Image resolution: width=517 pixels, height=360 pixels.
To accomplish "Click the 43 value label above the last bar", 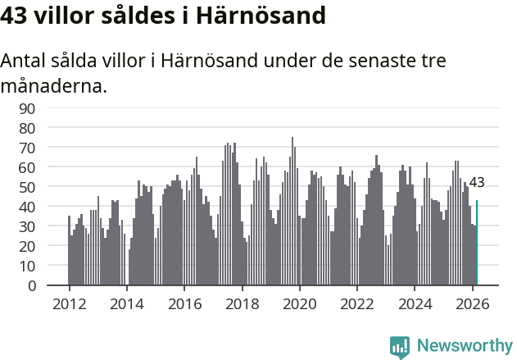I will click(477, 182).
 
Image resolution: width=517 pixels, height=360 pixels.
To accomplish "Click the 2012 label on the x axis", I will click(69, 303).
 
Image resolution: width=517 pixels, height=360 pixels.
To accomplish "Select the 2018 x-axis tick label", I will click(242, 303).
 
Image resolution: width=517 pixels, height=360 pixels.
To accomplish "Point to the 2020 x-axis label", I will click(299, 303).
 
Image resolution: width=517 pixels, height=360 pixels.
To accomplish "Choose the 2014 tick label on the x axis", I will click(126, 303).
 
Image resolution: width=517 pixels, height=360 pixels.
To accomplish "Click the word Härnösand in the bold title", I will click(258, 15).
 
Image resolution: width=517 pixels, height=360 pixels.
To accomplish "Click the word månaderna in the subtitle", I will click(54, 85).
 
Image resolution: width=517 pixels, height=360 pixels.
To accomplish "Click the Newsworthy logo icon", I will click(400, 347).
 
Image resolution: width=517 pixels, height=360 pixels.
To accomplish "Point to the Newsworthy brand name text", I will click(464, 346).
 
